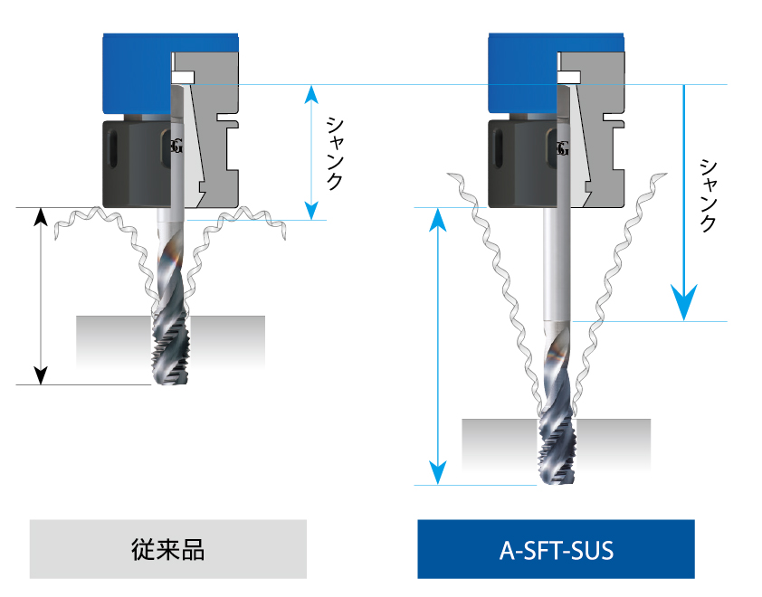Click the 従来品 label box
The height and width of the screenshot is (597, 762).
pos(168,549)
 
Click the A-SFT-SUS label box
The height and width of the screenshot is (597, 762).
pos(556,549)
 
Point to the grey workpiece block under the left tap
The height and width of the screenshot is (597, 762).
pos(109,339)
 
